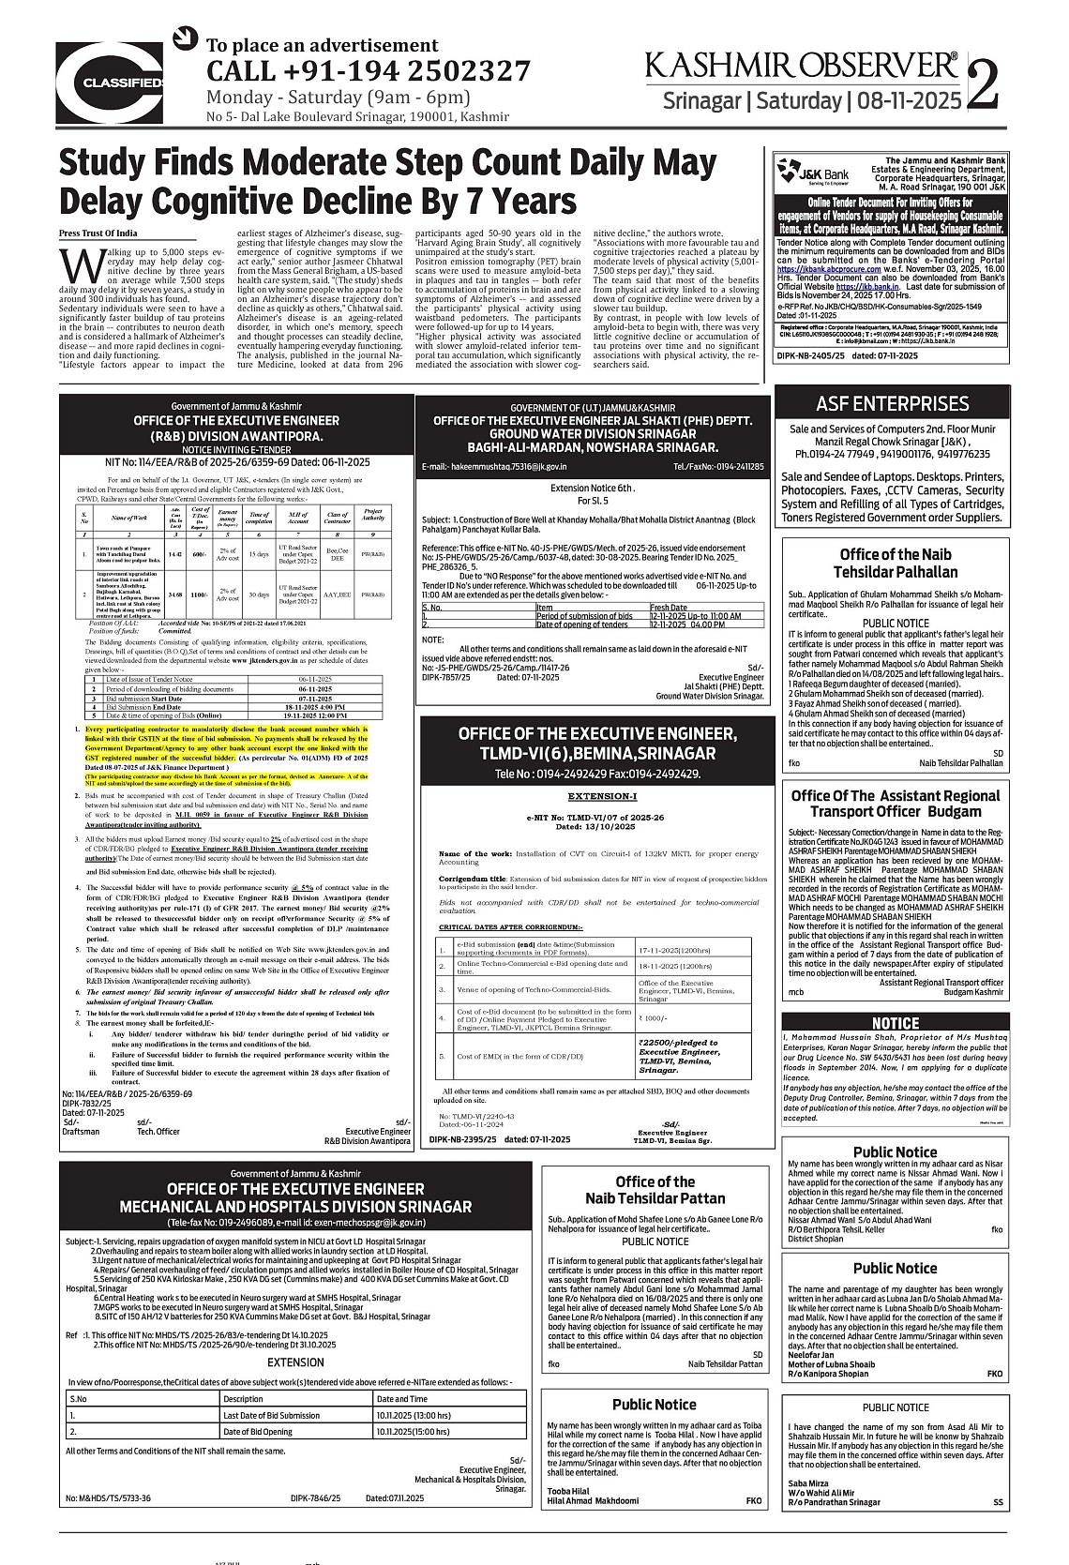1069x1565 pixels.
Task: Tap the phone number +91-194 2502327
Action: coord(368,71)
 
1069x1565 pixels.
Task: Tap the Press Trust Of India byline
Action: coord(98,233)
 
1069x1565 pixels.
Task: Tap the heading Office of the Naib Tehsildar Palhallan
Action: coord(895,563)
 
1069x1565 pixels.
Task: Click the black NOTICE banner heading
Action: coord(896,1023)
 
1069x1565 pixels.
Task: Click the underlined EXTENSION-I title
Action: coord(602,796)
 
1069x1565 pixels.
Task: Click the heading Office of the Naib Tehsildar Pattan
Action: coord(655,1189)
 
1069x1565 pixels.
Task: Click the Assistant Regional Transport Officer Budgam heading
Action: coord(895,803)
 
